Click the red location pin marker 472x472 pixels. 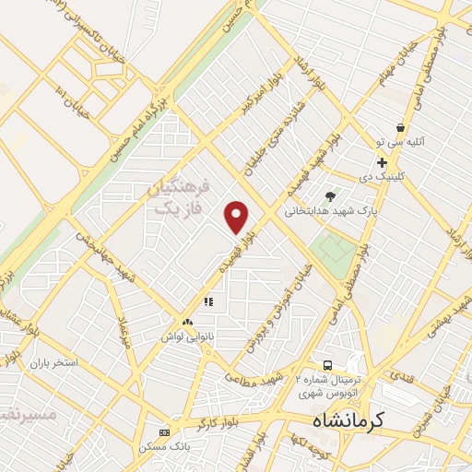coord(238,217)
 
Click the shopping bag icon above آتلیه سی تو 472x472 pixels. coord(400,128)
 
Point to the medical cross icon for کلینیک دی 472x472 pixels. coord(382,162)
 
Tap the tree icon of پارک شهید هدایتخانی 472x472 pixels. coord(330,195)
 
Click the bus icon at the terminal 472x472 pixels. coord(329,365)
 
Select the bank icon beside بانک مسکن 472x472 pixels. coord(165,432)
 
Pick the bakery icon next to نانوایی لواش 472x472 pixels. coord(188,322)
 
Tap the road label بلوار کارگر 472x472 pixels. coord(221,423)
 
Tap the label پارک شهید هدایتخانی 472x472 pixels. coord(368,211)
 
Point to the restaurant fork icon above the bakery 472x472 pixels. coord(209,301)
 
